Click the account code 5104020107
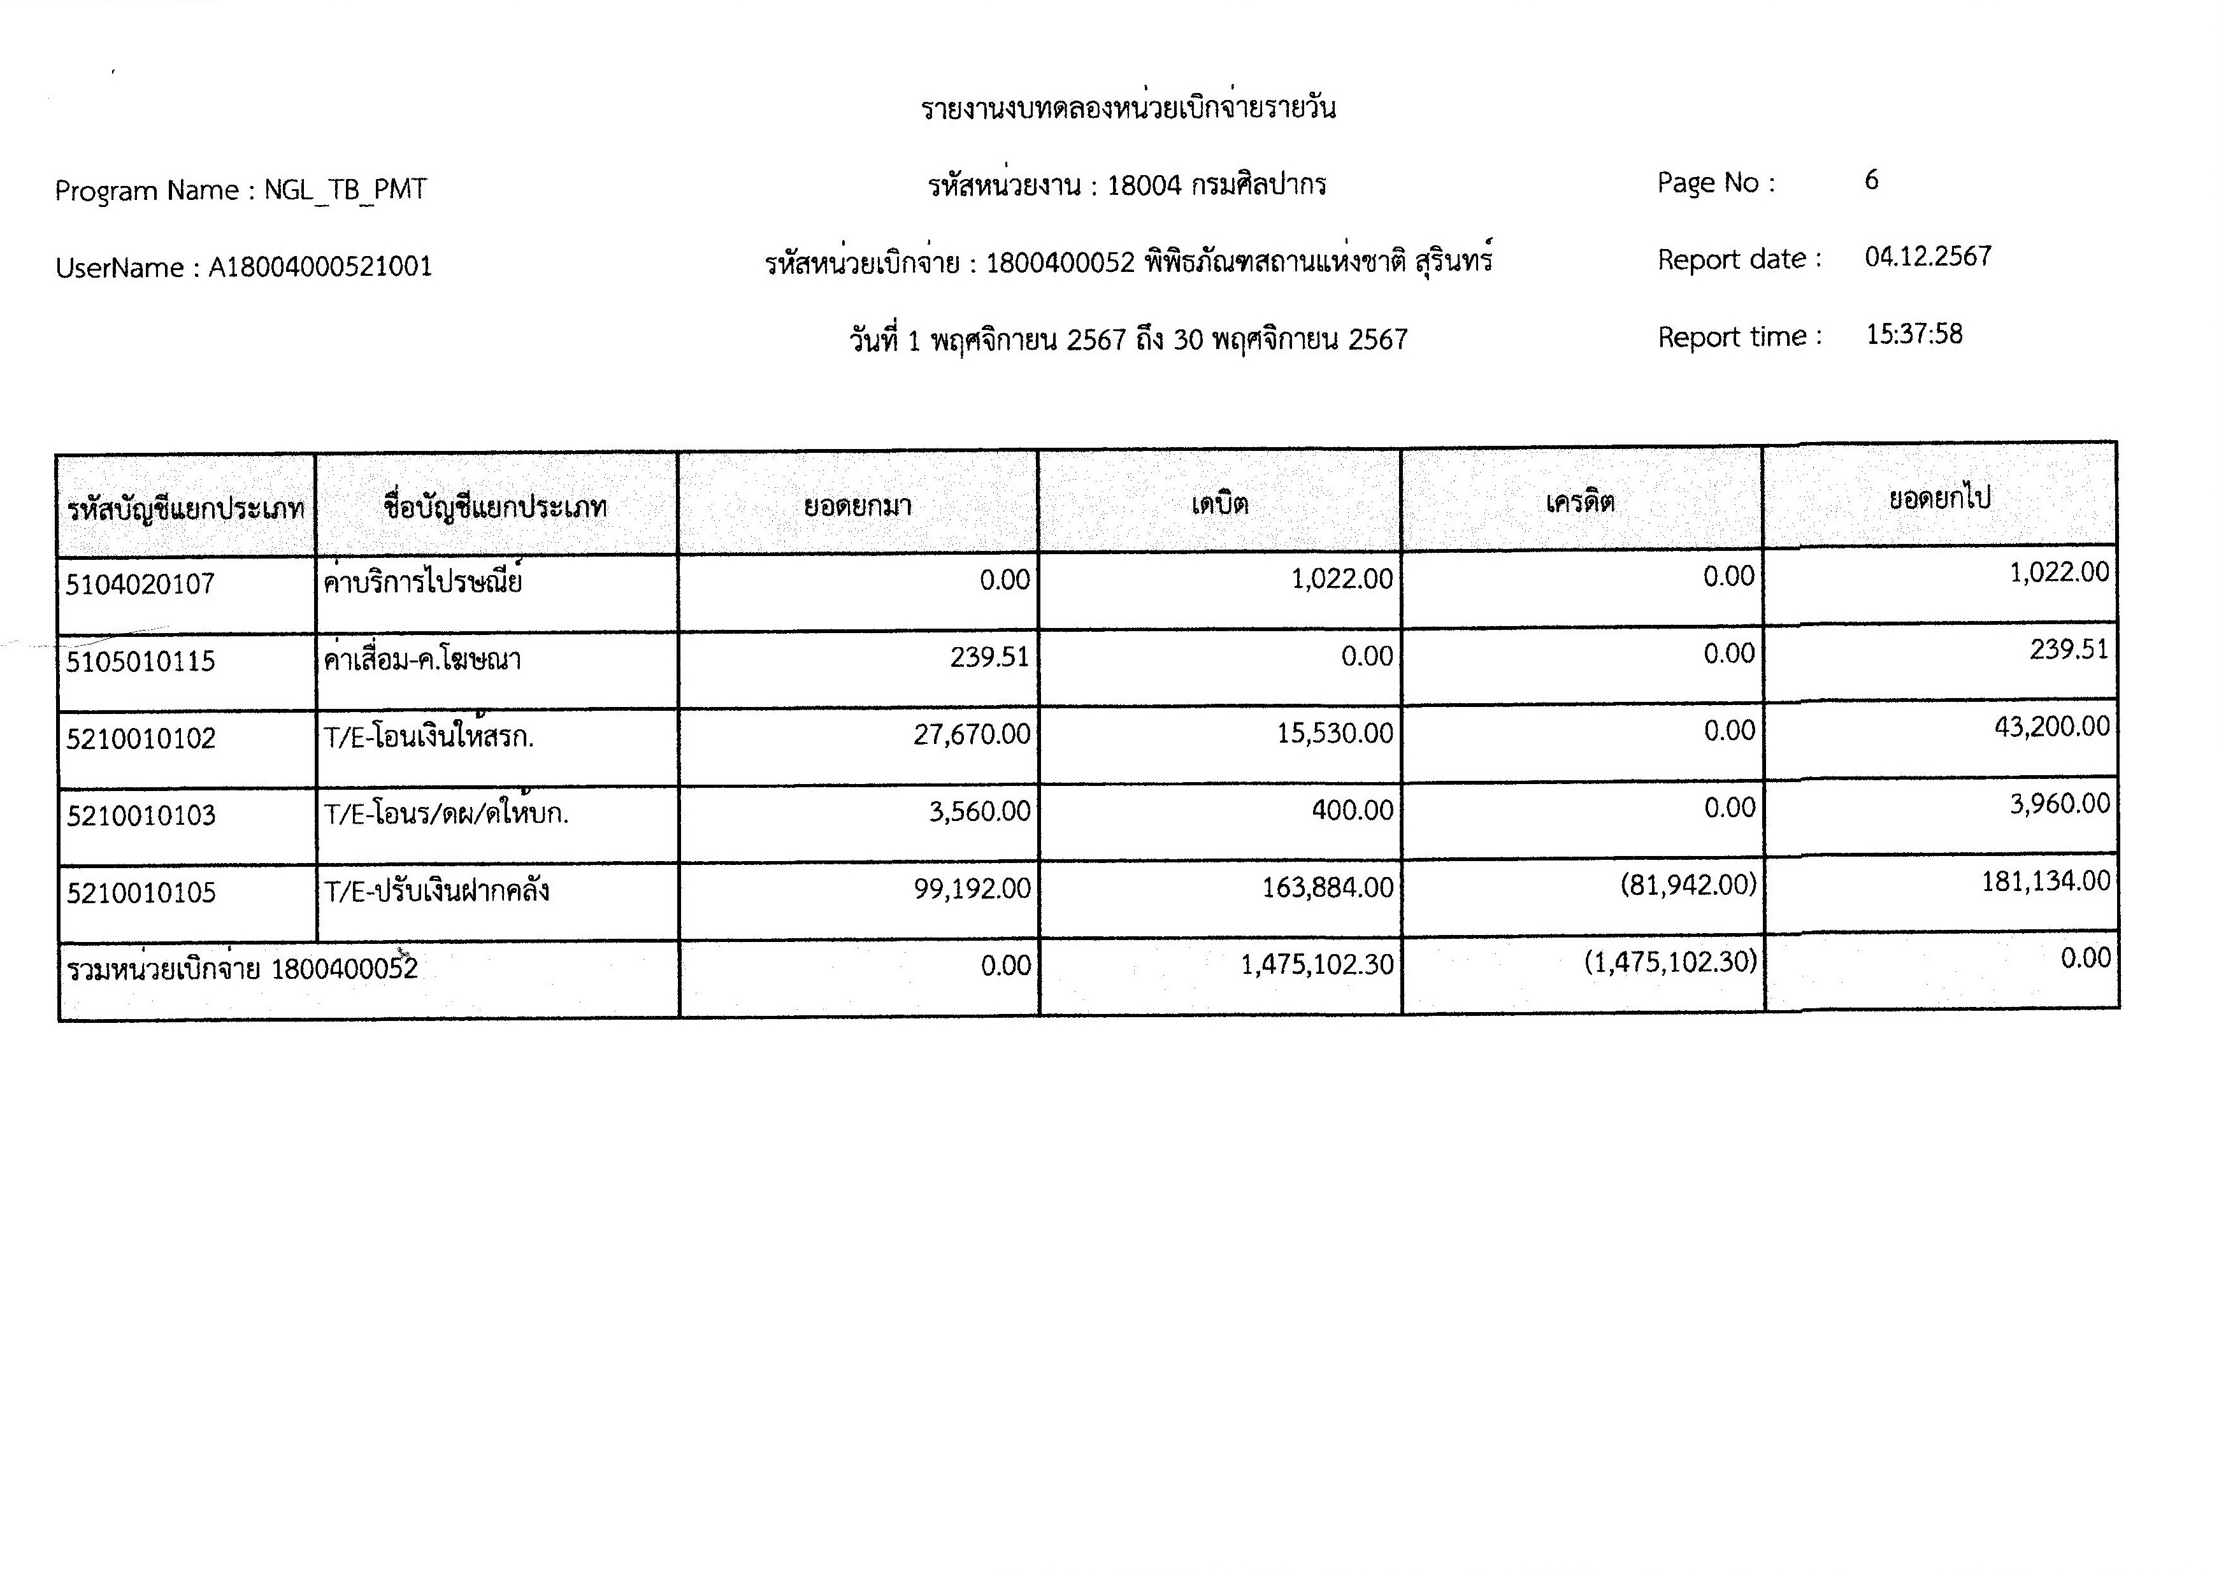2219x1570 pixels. pyautogui.click(x=140, y=584)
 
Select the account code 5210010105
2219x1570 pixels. pyautogui.click(x=141, y=892)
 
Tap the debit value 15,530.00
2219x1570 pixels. pyautogui.click(x=1334, y=734)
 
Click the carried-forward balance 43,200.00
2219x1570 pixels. pyautogui.click(x=2051, y=727)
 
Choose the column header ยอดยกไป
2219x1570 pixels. pyautogui.click(x=1939, y=499)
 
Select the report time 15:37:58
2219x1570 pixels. pyautogui.click(x=1913, y=334)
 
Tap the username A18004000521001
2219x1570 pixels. pyautogui.click(x=320, y=267)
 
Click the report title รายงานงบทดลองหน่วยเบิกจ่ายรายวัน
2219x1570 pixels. pyautogui.click(x=1128, y=107)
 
